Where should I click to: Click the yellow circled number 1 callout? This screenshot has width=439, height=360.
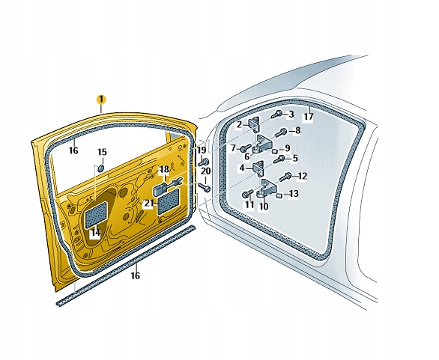click(x=101, y=100)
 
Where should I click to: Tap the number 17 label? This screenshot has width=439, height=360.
click(x=308, y=116)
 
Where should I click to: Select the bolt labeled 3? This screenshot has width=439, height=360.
click(x=277, y=114)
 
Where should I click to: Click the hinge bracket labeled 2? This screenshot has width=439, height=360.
click(x=254, y=124)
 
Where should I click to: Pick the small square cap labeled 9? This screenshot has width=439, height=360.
click(x=275, y=150)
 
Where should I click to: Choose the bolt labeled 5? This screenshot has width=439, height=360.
click(x=279, y=159)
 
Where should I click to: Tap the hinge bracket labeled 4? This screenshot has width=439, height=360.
click(x=258, y=168)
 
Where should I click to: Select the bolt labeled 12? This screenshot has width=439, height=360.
click(x=286, y=177)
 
